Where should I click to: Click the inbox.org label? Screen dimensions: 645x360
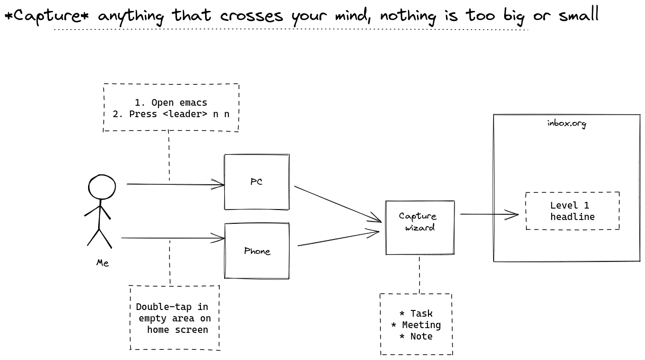(x=566, y=123)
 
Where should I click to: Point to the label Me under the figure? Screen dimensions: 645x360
(x=103, y=263)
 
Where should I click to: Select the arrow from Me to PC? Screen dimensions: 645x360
(x=175, y=184)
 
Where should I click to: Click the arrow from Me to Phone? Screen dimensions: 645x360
(x=173, y=238)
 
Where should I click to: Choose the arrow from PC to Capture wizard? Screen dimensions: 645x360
(x=338, y=204)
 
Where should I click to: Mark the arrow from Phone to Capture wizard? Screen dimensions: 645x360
(x=338, y=238)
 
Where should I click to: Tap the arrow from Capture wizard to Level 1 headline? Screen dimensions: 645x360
(x=489, y=214)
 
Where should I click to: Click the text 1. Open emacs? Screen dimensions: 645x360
(x=171, y=102)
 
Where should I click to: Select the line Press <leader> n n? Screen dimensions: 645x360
(x=179, y=114)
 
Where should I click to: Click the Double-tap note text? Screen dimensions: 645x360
(x=173, y=318)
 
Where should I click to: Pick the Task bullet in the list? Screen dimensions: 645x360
(x=416, y=313)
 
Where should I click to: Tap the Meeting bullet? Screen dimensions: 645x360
(x=416, y=325)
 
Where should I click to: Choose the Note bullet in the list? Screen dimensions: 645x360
(x=416, y=336)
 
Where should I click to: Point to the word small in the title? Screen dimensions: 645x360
(x=579, y=14)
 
